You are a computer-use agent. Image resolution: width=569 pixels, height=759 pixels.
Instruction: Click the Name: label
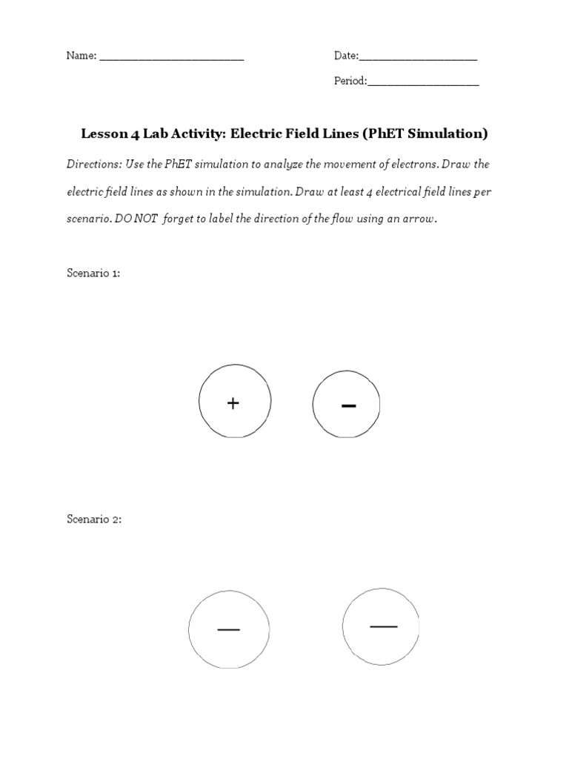coord(81,56)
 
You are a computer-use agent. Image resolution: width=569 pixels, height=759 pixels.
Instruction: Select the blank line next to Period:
coord(423,83)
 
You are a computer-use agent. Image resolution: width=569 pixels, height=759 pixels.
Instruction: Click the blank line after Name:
coord(171,58)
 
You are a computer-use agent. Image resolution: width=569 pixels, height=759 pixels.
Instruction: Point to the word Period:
coord(350,82)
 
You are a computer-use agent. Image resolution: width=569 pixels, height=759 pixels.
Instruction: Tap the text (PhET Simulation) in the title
coord(425,134)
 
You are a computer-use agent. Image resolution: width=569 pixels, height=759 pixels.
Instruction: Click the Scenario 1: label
coord(93,273)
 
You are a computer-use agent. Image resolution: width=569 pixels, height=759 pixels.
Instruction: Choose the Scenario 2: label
coord(94,520)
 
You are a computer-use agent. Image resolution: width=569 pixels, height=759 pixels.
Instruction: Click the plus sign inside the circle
coord(233,403)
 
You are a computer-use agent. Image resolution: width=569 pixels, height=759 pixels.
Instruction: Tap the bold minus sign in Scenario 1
coord(348,405)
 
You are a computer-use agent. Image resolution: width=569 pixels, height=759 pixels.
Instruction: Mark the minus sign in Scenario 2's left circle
coord(228,630)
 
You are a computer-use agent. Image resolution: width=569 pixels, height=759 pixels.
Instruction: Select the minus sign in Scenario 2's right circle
coord(383,626)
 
